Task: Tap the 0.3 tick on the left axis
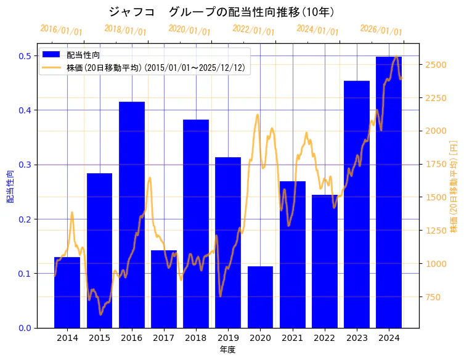26,165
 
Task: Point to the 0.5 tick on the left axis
26,56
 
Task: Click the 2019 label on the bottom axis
228,338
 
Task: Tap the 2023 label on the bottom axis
357,338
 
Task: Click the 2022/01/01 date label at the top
253,30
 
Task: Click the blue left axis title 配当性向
10,186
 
